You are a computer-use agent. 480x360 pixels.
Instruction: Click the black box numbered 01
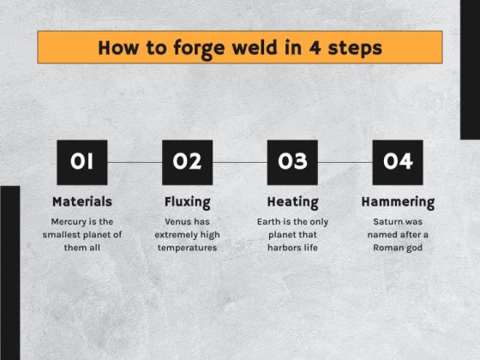click(x=82, y=162)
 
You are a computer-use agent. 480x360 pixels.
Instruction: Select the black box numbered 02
click(x=187, y=162)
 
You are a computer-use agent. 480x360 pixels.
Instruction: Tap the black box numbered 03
click(x=292, y=162)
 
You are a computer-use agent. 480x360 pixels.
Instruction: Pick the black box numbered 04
click(x=398, y=162)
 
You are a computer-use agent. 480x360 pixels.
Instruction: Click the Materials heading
click(x=82, y=202)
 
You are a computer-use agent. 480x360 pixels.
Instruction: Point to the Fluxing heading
click(x=187, y=202)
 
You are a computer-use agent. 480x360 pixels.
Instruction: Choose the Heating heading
click(x=292, y=202)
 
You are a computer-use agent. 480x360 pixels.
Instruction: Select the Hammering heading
click(x=398, y=202)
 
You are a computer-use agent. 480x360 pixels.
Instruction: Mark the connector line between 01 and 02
click(x=135, y=162)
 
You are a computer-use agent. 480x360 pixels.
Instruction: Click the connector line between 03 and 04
click(x=345, y=162)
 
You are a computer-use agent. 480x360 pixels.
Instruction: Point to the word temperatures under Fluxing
click(x=187, y=248)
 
